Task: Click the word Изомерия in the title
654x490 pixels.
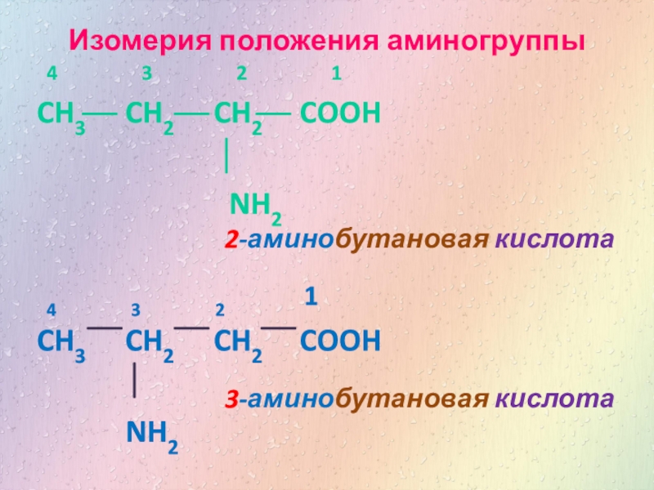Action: (132, 40)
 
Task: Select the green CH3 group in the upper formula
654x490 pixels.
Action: (58, 115)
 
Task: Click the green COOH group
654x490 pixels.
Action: (340, 114)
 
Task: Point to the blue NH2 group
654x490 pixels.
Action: (151, 433)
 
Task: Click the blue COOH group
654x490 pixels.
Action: (340, 339)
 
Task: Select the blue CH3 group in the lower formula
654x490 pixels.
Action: (58, 341)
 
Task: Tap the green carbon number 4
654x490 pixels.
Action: (52, 74)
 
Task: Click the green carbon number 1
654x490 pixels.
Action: (336, 74)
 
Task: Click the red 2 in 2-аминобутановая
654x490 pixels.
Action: (232, 241)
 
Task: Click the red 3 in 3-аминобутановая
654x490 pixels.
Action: (232, 399)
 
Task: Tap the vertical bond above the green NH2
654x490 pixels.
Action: (226, 156)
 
